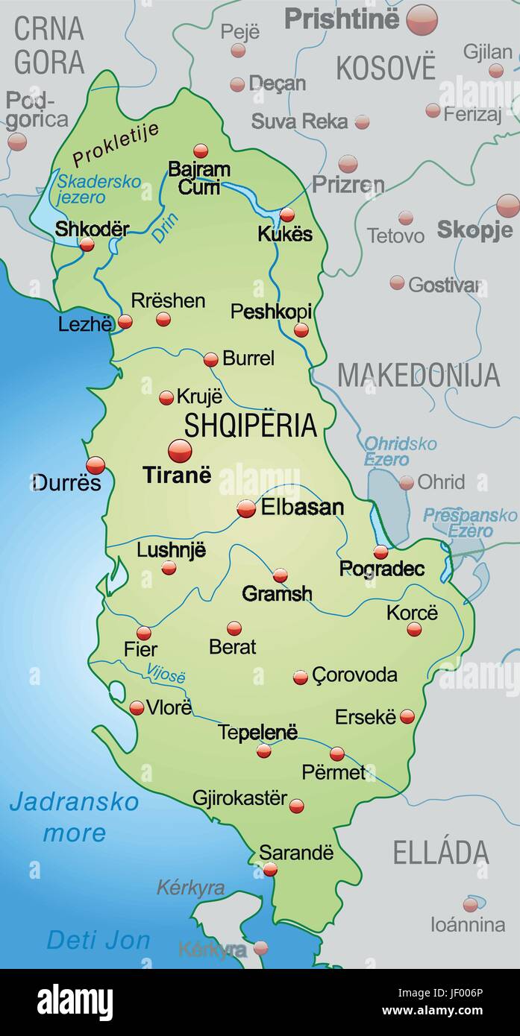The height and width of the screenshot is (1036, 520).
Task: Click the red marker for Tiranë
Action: (x=180, y=451)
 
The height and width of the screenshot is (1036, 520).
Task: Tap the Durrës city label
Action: (x=66, y=483)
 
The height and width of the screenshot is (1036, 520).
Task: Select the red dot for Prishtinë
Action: (x=422, y=19)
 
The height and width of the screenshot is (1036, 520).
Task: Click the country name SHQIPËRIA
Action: (x=251, y=425)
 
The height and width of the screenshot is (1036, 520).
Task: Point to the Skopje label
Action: (x=474, y=230)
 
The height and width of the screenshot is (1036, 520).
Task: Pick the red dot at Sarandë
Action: (x=270, y=869)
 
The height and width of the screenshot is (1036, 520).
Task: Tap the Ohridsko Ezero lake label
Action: (x=400, y=451)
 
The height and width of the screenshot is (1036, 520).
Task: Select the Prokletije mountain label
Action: (x=116, y=144)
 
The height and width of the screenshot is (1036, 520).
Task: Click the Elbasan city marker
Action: (x=246, y=508)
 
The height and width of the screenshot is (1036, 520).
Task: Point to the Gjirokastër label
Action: (x=239, y=798)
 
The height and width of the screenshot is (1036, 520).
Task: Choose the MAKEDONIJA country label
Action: (x=419, y=376)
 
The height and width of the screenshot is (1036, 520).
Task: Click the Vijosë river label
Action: (x=166, y=673)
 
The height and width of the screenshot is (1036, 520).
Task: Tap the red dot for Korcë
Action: (x=414, y=629)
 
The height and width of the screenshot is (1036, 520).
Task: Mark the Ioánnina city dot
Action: (x=470, y=905)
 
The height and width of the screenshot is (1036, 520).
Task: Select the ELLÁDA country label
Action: (x=441, y=853)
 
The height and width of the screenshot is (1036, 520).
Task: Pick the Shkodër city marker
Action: (x=87, y=244)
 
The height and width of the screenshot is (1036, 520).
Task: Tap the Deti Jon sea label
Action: (x=98, y=941)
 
